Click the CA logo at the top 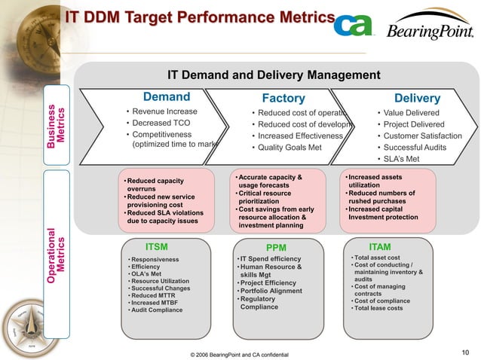tap(354, 26)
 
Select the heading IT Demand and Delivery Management tap(274, 75)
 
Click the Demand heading tap(167, 97)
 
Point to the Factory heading tap(283, 99)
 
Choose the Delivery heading tap(417, 99)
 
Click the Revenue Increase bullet tap(164, 111)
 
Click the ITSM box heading tap(156, 246)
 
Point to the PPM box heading tap(276, 247)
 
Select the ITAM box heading tap(380, 246)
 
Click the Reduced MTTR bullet tap(153, 295)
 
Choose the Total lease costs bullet tap(378, 308)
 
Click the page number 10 tap(464, 351)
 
